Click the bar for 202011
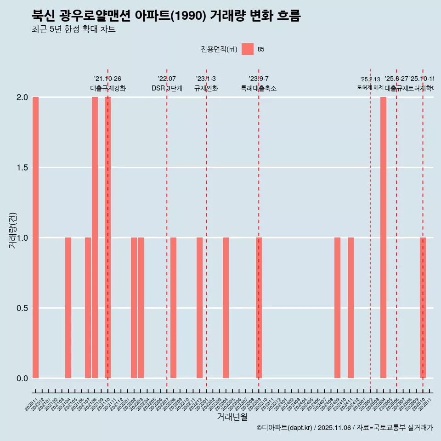[x=35, y=237]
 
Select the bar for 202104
[x=68, y=308]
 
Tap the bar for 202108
[x=95, y=237]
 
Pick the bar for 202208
[x=173, y=308]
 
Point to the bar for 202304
[x=226, y=308]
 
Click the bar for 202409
[x=337, y=308]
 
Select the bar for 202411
[x=351, y=308]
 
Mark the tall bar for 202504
[x=383, y=237]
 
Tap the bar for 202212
[x=199, y=308]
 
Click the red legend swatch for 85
[x=248, y=49]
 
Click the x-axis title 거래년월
[x=232, y=417]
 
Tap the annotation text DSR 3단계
[x=167, y=89]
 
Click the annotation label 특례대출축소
[x=259, y=89]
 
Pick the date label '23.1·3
[x=206, y=79]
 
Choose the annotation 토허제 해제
[x=370, y=87]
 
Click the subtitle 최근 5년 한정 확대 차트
[x=73, y=29]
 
